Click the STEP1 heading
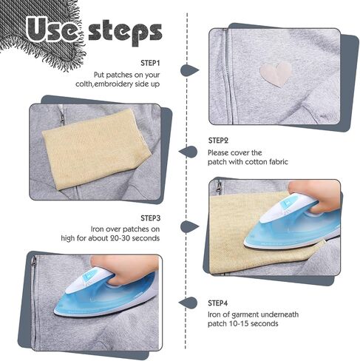tap(150, 63)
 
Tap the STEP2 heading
tap(218, 141)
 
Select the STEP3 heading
tap(150, 218)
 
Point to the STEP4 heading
tap(217, 303)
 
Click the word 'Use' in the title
tap(51, 30)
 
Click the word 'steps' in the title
tap(125, 33)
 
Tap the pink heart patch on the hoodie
tap(276, 74)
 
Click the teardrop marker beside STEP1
tap(189, 70)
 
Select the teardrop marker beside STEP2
tap(188, 152)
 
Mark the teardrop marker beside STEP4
tap(188, 303)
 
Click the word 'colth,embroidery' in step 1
tap(104, 84)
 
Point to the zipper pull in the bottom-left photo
tap(33, 261)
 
